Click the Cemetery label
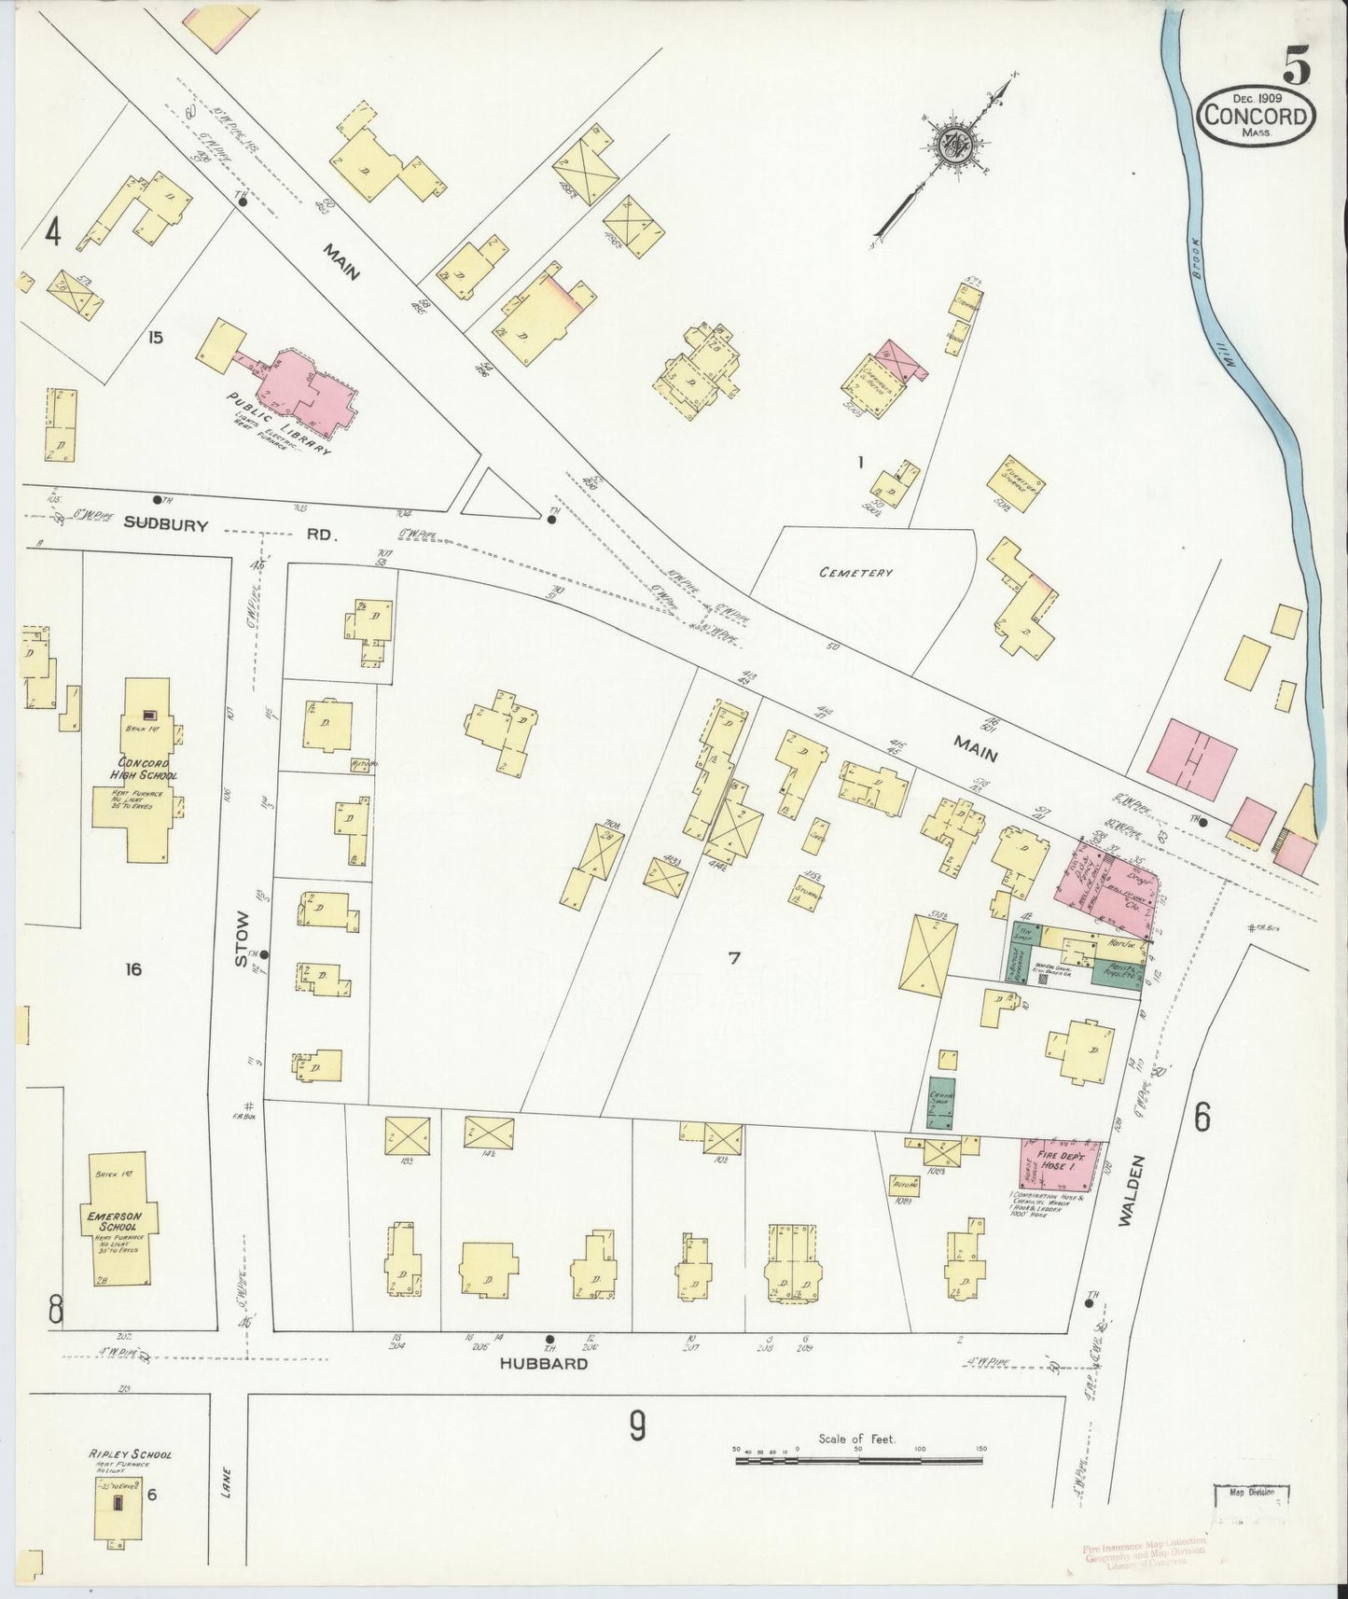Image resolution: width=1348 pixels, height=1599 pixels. [856, 573]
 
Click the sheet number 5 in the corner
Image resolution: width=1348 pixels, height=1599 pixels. [1297, 65]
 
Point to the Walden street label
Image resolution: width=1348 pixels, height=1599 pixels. [1125, 1189]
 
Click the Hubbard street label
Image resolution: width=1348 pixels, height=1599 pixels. [543, 1363]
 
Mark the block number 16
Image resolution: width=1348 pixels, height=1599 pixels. [133, 970]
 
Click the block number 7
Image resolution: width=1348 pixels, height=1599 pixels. [734, 958]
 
